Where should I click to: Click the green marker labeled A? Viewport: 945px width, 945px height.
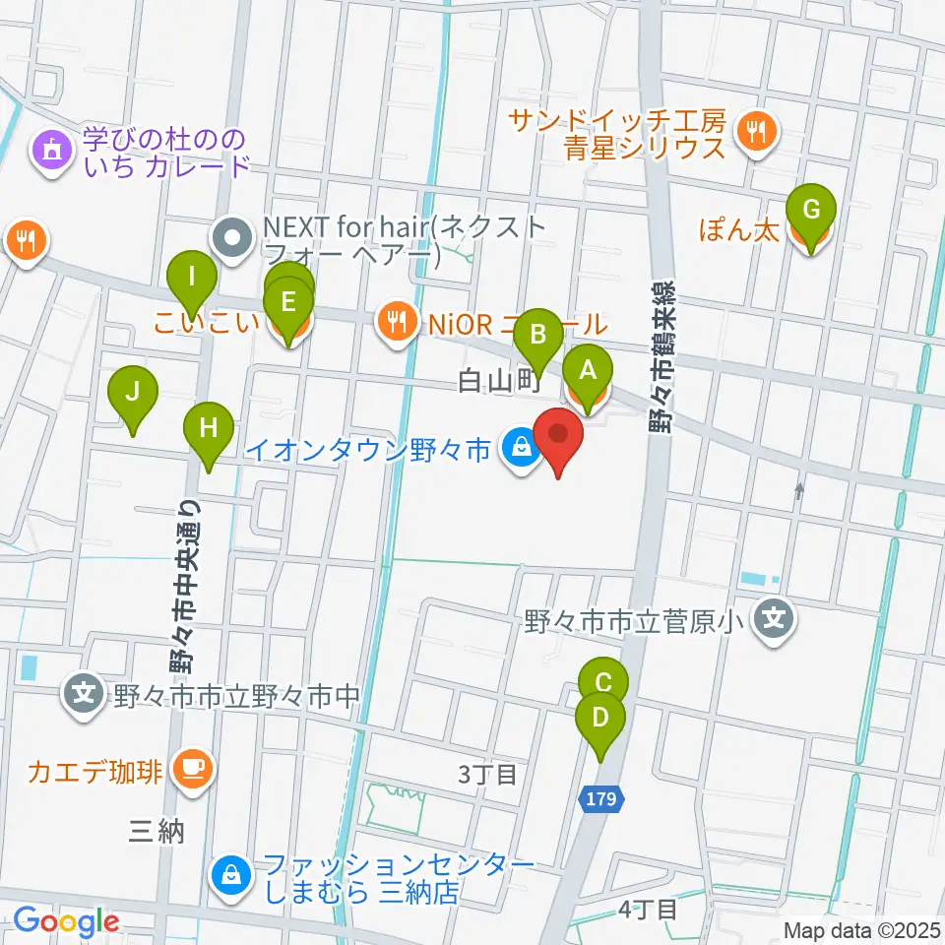pos(588,372)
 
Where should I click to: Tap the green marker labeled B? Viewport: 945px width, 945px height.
pos(538,335)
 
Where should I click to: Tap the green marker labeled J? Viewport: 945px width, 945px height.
pos(134,394)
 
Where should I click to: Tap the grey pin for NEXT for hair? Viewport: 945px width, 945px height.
pos(233,237)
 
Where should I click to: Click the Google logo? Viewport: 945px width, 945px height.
pos(66,922)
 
